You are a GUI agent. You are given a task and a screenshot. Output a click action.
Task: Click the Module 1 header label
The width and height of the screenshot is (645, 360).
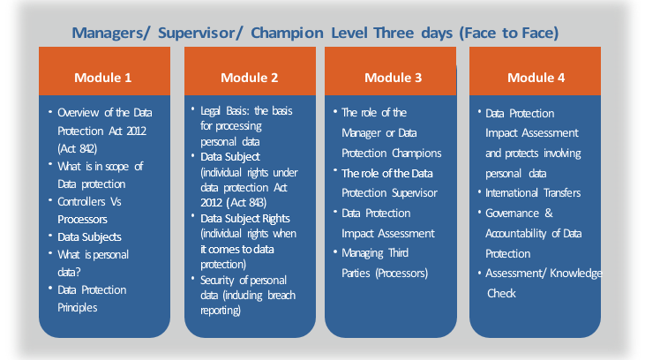pyautogui.click(x=103, y=78)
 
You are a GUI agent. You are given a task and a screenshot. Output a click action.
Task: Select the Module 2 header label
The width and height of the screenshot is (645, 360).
pyautogui.click(x=250, y=78)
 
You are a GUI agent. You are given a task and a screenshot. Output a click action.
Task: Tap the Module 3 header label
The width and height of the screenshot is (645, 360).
pyautogui.click(x=394, y=78)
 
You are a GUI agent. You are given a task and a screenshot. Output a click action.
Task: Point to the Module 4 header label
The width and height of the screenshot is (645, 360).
pyautogui.click(x=536, y=78)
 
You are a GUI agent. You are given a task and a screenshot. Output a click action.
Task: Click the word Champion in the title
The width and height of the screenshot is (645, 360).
pyautogui.click(x=287, y=33)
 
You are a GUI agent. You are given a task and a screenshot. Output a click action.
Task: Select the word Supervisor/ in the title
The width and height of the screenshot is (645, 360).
pyautogui.click(x=201, y=33)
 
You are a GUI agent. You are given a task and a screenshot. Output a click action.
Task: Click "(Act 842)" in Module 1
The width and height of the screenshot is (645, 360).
pyautogui.click(x=78, y=148)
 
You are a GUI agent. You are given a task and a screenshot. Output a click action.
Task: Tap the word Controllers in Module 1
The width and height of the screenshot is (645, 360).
pyautogui.click(x=81, y=201)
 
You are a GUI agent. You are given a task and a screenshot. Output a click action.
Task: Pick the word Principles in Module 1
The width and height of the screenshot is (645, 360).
pyautogui.click(x=78, y=308)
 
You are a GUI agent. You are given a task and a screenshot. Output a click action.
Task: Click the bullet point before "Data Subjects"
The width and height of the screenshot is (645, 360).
pyautogui.click(x=50, y=236)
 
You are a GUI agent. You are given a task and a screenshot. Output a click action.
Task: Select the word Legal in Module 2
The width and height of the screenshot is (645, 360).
pyautogui.click(x=210, y=111)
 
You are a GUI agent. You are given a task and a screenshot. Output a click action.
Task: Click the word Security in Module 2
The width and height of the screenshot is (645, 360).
pyautogui.click(x=217, y=281)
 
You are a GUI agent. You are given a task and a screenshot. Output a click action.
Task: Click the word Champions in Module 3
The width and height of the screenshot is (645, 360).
pyautogui.click(x=416, y=154)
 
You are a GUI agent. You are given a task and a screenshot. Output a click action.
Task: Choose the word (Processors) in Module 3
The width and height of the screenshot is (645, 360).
pyautogui.click(x=401, y=274)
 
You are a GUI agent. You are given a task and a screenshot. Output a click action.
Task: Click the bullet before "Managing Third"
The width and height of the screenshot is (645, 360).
pyautogui.click(x=335, y=251)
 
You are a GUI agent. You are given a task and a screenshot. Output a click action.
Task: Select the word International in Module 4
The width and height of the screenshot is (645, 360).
pyautogui.click(x=511, y=193)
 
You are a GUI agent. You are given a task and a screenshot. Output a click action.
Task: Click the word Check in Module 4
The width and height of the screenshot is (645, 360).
pyautogui.click(x=501, y=293)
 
